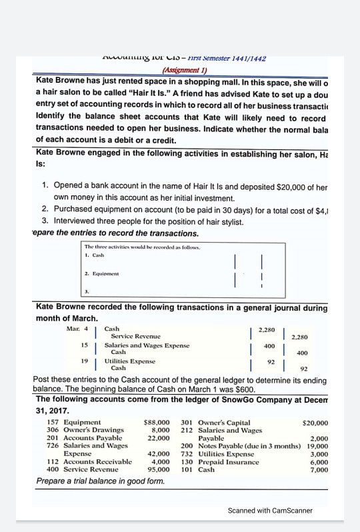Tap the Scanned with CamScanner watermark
tap(269, 511)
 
